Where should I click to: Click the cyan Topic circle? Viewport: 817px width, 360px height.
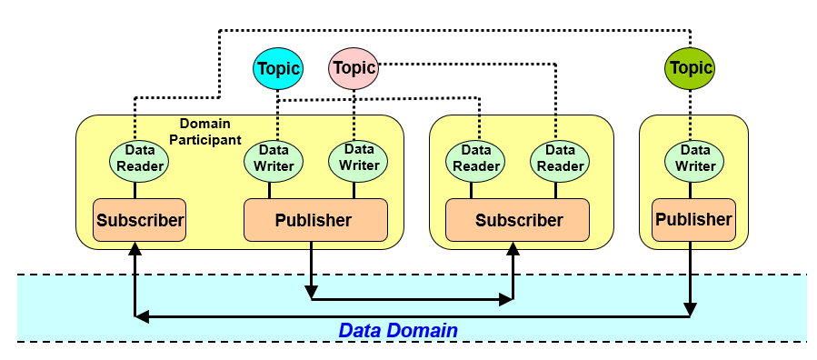278,68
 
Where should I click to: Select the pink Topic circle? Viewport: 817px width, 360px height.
354,68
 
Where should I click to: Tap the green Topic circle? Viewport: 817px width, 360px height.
690,68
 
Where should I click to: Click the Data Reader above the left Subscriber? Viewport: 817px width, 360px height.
139,162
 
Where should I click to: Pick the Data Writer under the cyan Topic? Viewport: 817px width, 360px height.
274,162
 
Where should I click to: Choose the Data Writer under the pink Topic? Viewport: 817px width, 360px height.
358,161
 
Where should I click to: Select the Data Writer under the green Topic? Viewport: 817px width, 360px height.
695,162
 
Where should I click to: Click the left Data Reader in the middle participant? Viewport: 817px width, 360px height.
476,162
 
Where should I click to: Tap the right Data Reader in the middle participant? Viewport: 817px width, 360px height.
560,162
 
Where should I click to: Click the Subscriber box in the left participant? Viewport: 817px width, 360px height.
140,220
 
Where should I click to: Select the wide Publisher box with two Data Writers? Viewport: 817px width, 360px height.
315,220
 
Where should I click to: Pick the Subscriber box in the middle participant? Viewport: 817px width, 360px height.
518,220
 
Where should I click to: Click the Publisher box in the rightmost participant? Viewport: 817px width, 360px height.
693,220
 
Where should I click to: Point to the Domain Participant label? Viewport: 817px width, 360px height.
204,132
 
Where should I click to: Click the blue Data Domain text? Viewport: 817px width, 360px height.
398,330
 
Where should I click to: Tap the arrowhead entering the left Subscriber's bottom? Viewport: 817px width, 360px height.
135,248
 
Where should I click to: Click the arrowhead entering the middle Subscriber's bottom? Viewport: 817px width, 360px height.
513,248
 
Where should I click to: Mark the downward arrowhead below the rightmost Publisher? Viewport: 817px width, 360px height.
690,309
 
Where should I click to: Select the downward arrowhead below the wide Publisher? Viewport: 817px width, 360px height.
311,292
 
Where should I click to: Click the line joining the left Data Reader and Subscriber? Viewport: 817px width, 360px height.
135,190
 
